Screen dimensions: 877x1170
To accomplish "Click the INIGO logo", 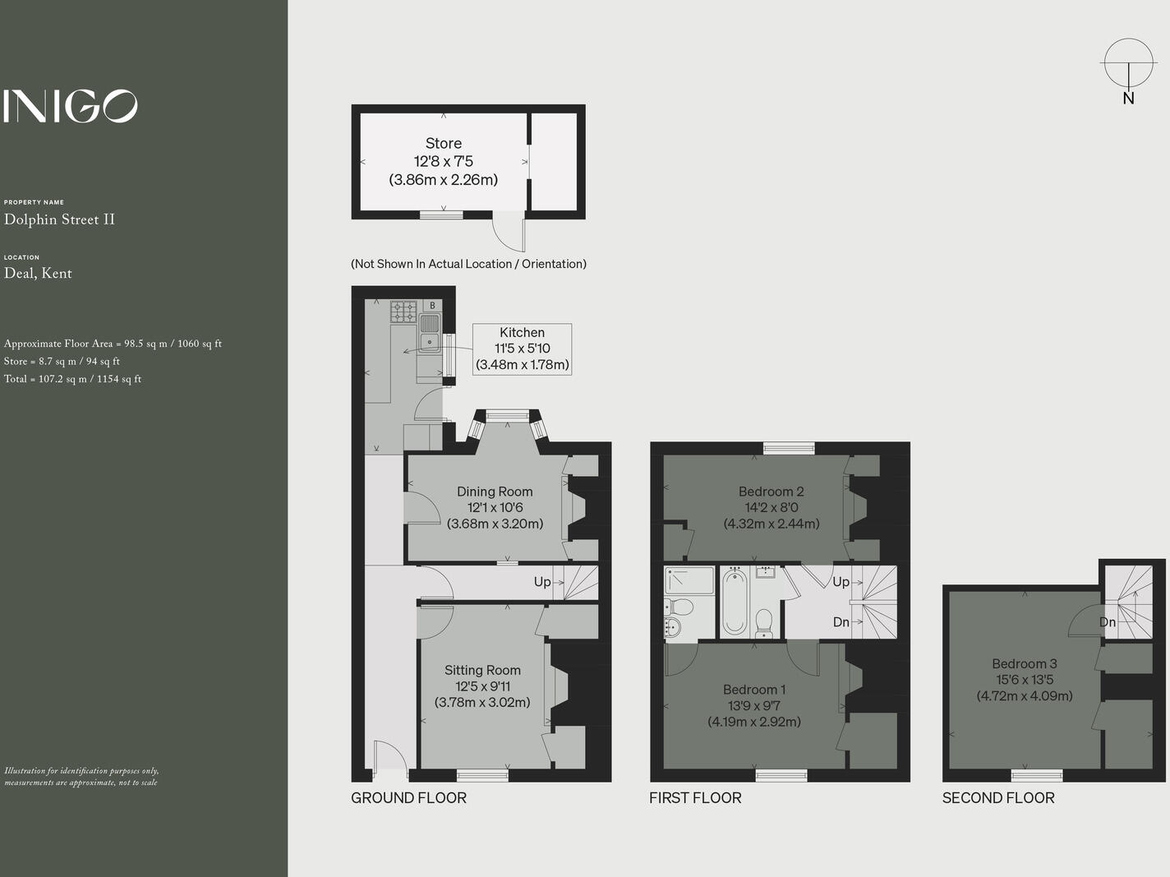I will [x=71, y=106].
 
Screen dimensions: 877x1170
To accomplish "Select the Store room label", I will [x=443, y=144].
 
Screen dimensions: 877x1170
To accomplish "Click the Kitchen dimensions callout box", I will [x=522, y=349].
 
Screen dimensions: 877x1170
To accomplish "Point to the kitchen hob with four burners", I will [x=403, y=312].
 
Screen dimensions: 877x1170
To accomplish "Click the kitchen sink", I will [x=430, y=333].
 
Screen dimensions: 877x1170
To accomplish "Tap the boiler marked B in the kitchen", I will [x=432, y=306].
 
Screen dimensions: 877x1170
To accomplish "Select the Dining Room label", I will [x=495, y=492].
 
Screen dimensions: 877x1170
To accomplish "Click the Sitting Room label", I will [x=482, y=671].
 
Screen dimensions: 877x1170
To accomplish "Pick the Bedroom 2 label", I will [x=771, y=492].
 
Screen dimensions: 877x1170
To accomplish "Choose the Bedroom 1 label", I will [x=754, y=690].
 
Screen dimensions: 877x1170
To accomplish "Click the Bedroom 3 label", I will [x=1025, y=663].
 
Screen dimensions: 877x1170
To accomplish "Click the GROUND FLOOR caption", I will [x=408, y=798].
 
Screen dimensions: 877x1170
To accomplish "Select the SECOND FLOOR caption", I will [x=998, y=798].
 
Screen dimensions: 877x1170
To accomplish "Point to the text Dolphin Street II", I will [x=59, y=219].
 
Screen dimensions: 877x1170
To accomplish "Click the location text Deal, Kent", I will [x=38, y=274].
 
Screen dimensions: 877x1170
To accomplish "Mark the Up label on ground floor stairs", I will [x=542, y=582].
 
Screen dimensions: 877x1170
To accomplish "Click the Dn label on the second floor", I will [x=1108, y=622].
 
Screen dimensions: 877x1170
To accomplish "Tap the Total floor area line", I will [x=72, y=379].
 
